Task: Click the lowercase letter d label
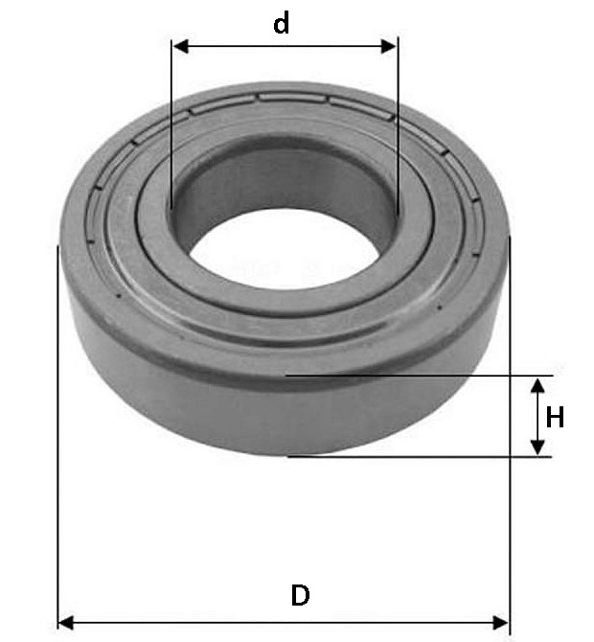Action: tap(282, 23)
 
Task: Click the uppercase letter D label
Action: tap(300, 595)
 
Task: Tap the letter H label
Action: tap(555, 417)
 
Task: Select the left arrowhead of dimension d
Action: tap(180, 46)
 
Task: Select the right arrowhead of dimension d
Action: tap(389, 46)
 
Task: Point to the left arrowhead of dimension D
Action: tap(66, 623)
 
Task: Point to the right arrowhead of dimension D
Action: tap(501, 623)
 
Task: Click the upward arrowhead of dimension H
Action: tap(537, 386)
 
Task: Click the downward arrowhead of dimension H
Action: tap(537, 447)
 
